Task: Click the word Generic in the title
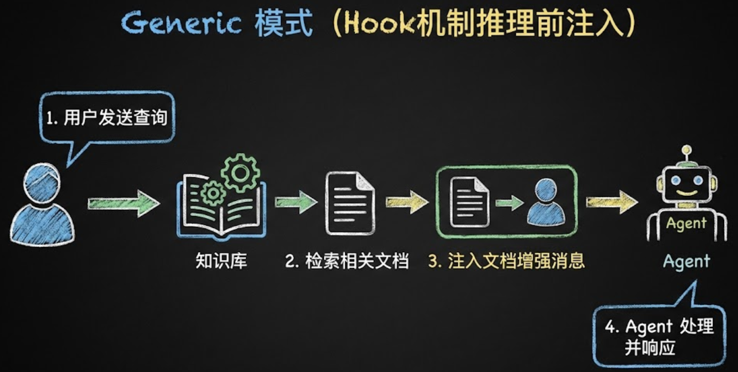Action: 181,24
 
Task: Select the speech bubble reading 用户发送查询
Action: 107,118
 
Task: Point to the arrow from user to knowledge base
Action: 123,203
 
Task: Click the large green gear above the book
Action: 240,173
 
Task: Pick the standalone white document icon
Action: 349,203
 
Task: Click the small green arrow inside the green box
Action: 509,202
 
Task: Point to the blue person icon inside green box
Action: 546,201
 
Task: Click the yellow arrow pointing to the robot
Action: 612,202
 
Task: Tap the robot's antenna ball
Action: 686,151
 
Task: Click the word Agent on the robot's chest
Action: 686,224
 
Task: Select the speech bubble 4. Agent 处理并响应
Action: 659,336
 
